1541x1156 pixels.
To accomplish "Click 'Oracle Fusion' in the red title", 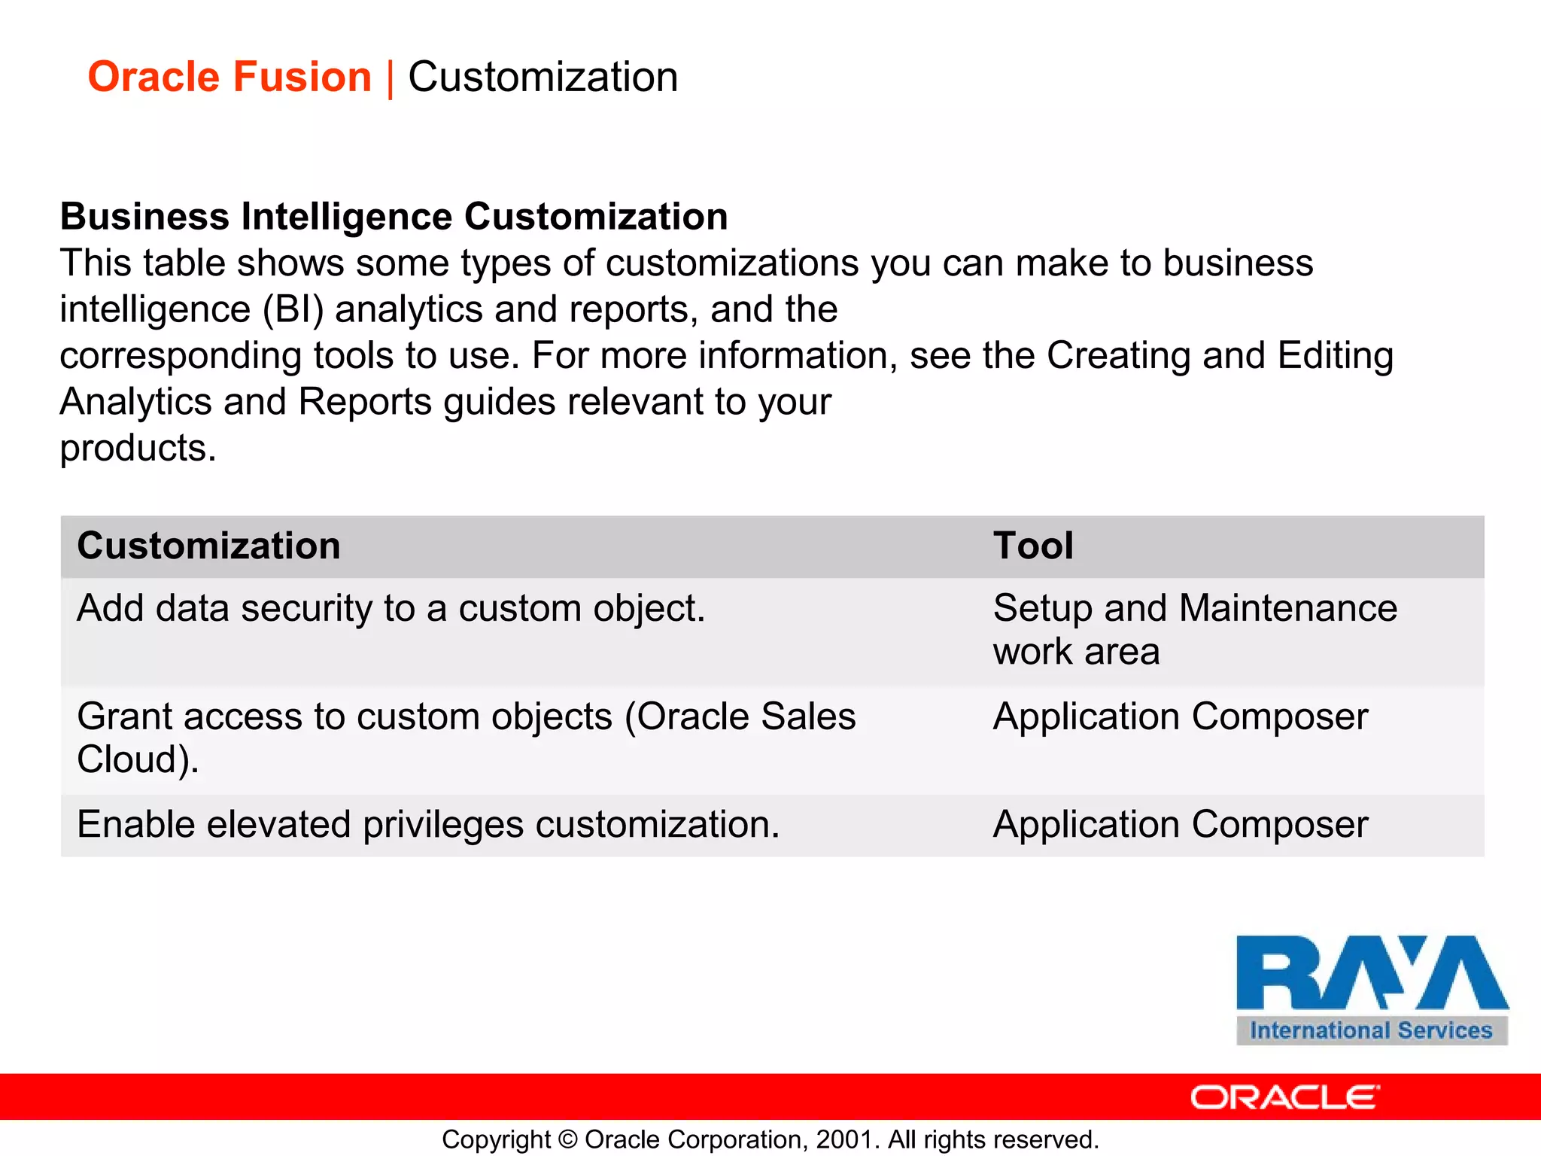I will coord(229,78).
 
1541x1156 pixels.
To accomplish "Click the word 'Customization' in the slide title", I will coord(543,78).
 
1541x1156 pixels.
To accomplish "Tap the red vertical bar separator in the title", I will coord(391,79).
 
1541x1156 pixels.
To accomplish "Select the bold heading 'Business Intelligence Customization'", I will coord(394,217).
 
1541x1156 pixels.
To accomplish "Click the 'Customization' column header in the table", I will coord(208,546).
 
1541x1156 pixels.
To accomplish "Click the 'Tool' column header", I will coord(1033,546).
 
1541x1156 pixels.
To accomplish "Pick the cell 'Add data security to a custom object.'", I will coord(391,608).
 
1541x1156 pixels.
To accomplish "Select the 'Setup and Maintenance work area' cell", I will coord(1194,629).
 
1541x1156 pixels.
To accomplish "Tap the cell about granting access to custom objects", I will coord(466,737).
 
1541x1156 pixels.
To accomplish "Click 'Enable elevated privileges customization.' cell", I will coord(428,825).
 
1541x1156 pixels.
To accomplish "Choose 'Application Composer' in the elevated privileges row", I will coord(1180,825).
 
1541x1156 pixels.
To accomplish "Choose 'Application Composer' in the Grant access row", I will coord(1180,716).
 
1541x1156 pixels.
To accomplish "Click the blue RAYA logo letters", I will coord(1371,974).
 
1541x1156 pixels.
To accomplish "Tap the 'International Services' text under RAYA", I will coord(1371,1030).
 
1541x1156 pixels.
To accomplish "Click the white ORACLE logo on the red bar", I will coord(1284,1097).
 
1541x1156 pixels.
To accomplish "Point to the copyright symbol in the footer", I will coord(569,1139).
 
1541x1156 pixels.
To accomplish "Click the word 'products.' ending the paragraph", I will coord(138,449).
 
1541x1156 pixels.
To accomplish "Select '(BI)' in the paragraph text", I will coord(293,310).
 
